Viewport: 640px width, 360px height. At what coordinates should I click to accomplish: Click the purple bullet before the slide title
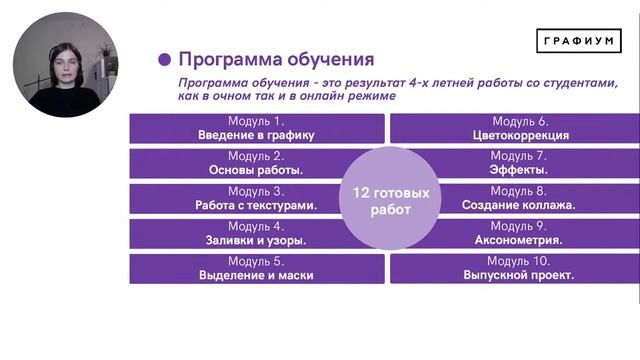click(165, 59)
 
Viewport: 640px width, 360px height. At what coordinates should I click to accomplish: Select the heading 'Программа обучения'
click(275, 59)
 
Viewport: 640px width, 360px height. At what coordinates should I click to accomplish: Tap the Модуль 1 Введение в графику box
click(256, 128)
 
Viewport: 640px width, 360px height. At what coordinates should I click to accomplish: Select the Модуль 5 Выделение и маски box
click(256, 268)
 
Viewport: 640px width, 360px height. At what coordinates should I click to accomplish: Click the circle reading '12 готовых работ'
click(390, 200)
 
